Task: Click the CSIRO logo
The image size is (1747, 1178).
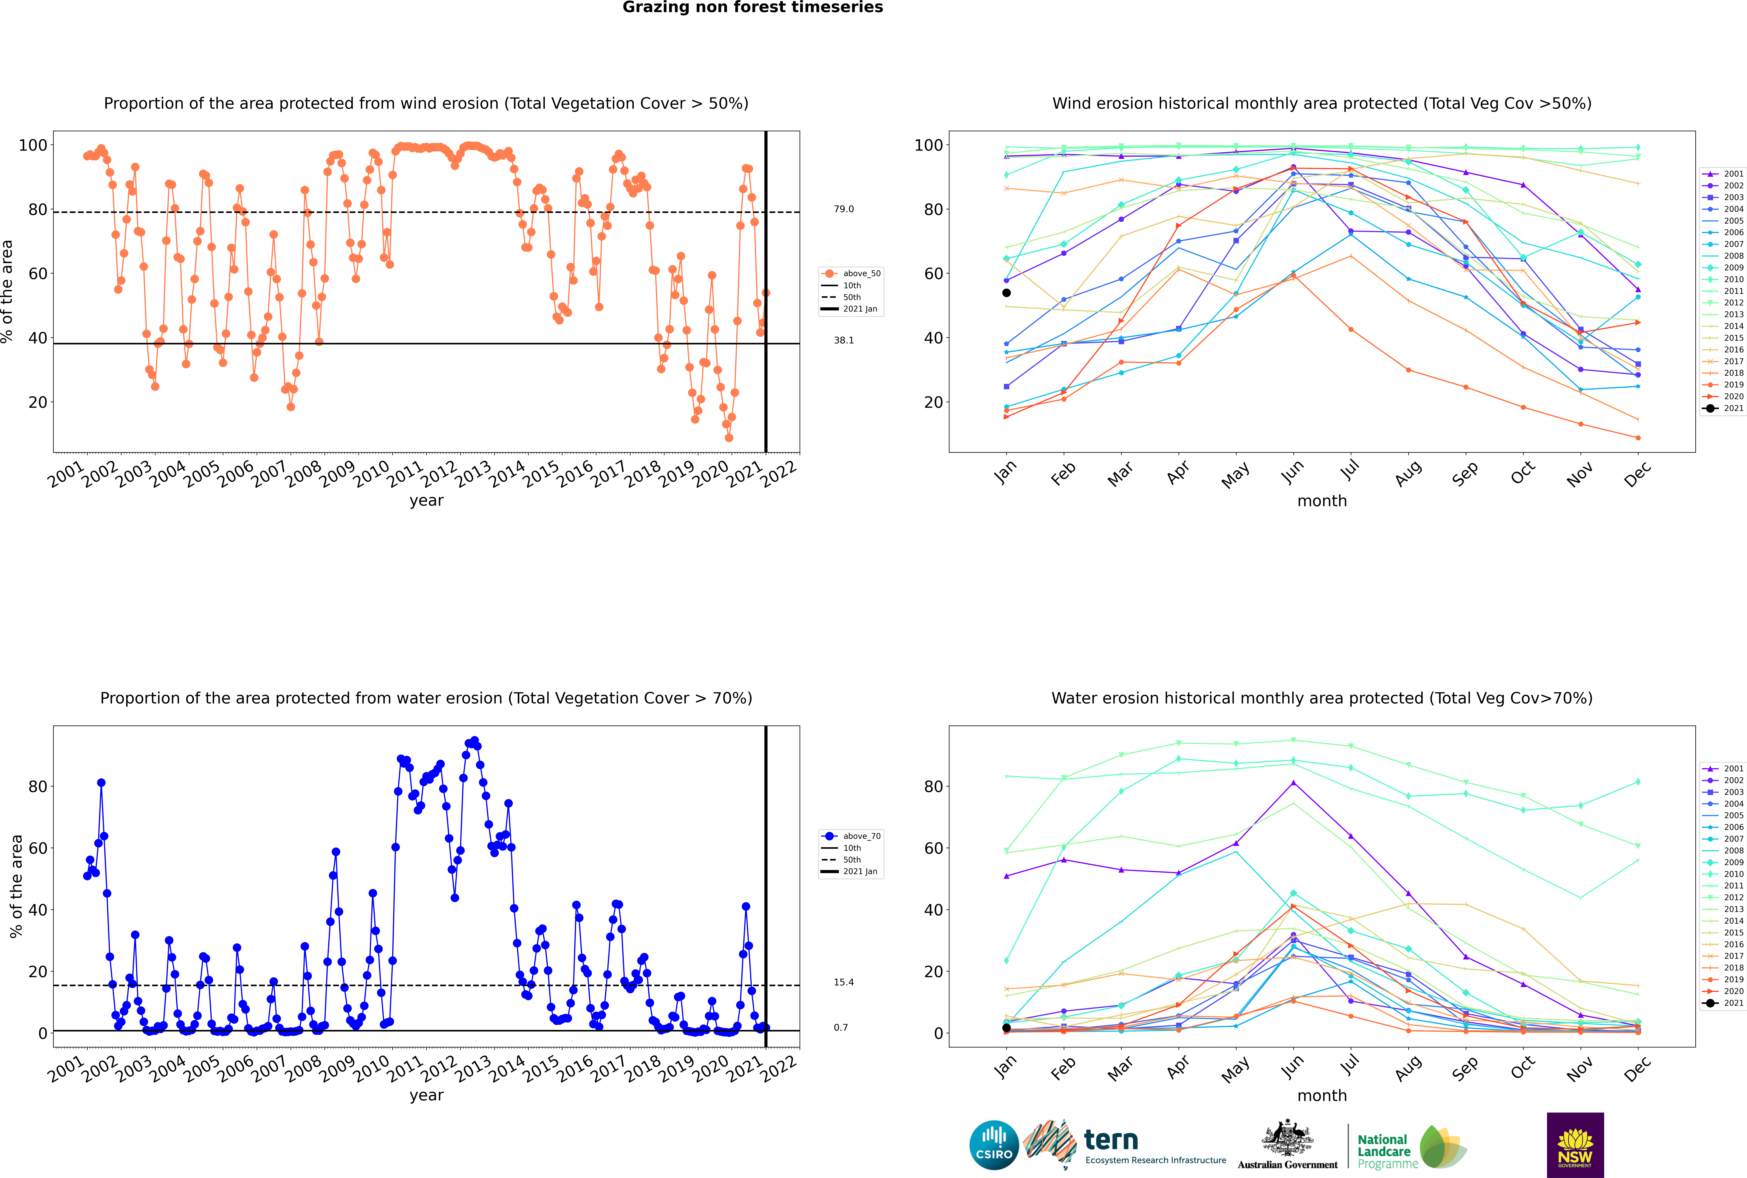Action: pos(994,1145)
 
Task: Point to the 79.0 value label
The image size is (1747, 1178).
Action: pos(843,209)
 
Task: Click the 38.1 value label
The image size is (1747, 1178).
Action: pos(843,340)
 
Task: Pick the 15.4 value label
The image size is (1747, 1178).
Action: pos(843,982)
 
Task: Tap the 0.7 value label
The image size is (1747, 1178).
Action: pos(840,1027)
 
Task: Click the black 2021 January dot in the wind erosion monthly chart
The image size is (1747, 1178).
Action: pos(1006,293)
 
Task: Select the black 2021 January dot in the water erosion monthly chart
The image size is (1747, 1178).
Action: pos(1006,1028)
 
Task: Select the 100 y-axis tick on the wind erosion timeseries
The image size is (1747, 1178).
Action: pos(33,145)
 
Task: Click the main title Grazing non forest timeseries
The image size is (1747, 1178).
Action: pos(753,7)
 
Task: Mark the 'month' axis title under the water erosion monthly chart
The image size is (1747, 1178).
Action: pos(1322,1095)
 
